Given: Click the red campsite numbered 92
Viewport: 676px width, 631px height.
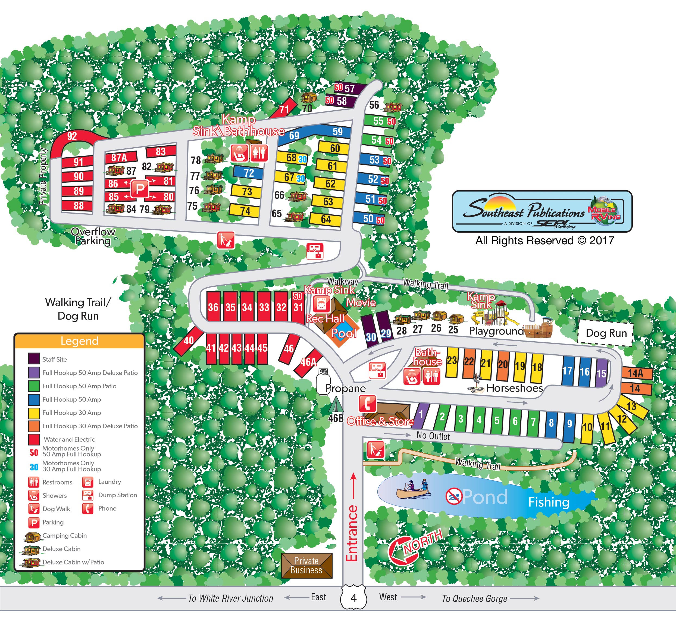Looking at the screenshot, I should click(x=72, y=137).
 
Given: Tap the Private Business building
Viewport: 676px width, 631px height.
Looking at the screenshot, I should click(x=306, y=565).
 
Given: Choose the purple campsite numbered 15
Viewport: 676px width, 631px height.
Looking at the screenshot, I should click(x=601, y=373).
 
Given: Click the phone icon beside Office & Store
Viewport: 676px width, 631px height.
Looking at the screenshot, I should click(x=367, y=404).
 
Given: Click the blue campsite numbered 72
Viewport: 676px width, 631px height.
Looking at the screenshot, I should click(x=248, y=173).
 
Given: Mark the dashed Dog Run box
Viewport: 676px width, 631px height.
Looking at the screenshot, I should click(x=606, y=333).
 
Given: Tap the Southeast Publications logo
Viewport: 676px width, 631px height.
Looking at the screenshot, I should click(x=542, y=211).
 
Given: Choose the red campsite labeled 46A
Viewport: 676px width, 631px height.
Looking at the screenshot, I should click(x=308, y=362).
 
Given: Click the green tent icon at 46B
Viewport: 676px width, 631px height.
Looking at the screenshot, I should click(x=336, y=405).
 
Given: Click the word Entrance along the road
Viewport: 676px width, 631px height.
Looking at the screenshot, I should click(x=352, y=533).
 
